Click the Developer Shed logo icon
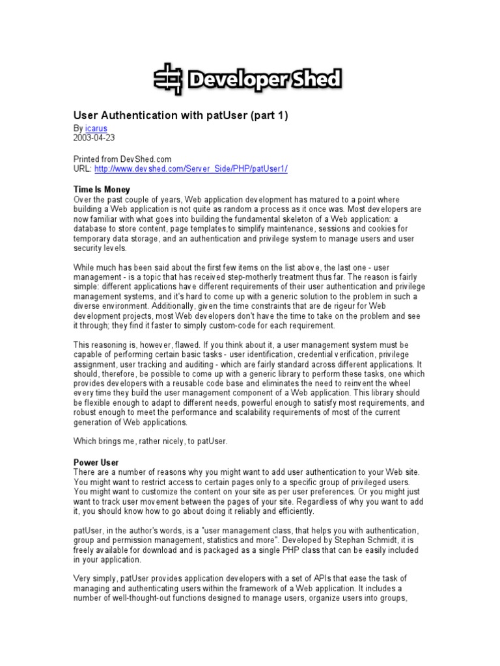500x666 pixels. [x=169, y=79]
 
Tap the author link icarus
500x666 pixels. [x=95, y=129]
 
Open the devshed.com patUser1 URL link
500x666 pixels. [x=191, y=168]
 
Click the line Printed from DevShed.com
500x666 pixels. [x=125, y=159]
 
